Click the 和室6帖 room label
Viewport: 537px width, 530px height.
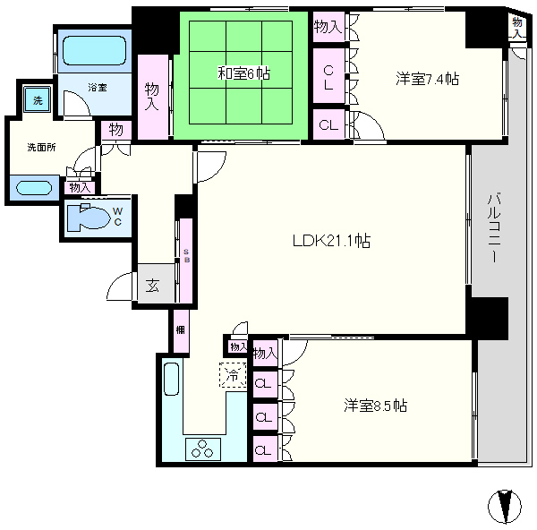243,74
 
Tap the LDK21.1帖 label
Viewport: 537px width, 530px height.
332,240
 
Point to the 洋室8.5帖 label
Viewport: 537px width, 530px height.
376,406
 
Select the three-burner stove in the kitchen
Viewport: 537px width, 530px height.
203,450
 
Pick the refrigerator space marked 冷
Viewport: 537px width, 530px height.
232,374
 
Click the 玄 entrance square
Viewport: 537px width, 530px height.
153,286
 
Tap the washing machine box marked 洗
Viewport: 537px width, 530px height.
37,98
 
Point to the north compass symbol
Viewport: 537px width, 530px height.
506,506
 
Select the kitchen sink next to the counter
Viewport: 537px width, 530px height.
172,379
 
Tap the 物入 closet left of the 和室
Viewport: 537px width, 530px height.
152,97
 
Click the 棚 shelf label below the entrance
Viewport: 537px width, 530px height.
180,330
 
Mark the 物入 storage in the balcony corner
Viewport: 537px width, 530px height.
518,26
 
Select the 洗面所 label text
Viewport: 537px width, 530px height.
41,147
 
